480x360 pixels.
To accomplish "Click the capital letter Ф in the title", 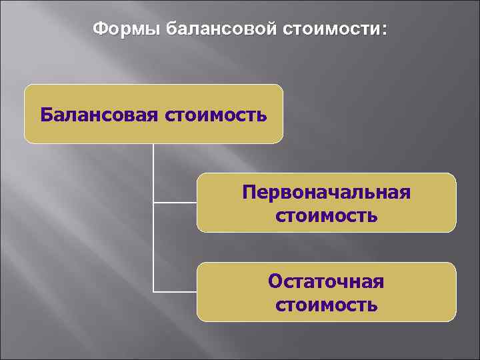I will pos(99,30).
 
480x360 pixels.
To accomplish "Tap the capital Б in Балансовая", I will pos(46,114).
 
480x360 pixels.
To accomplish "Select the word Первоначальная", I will pos(327,193).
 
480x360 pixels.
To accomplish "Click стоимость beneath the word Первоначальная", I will pos(327,215).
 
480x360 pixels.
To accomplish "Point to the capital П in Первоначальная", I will pos(249,193).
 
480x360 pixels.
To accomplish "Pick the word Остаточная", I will pos(327,281).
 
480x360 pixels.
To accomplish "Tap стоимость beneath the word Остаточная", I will pos(327,305).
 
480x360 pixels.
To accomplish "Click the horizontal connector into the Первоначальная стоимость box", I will pos(175,202).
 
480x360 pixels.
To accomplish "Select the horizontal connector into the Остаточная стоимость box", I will pos(175,291).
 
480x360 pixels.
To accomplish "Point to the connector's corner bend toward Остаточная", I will pos(154,291).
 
